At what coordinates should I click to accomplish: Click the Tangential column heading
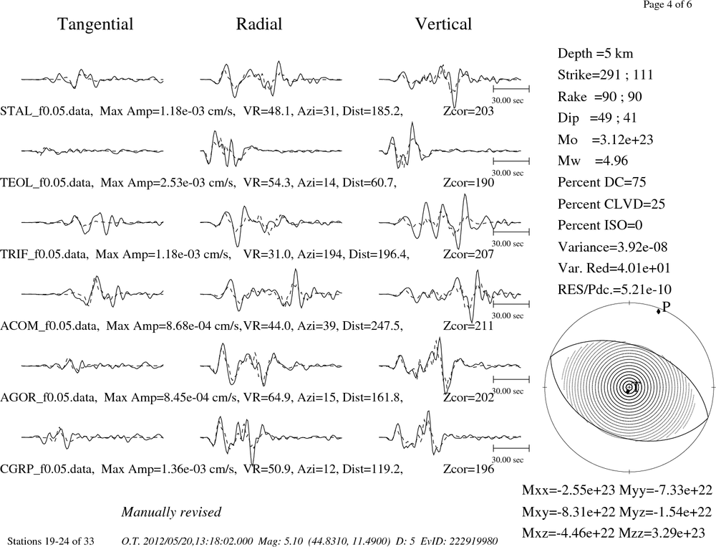[x=95, y=24]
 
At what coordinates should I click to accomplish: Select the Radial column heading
[x=259, y=24]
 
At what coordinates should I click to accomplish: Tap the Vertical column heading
[x=443, y=24]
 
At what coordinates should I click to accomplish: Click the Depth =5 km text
[x=595, y=54]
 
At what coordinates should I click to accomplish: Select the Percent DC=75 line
[x=601, y=182]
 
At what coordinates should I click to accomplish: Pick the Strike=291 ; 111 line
[x=605, y=75]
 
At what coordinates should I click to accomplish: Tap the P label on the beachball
[x=666, y=306]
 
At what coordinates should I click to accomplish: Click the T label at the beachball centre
[x=635, y=387]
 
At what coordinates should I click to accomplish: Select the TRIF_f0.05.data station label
[x=44, y=254]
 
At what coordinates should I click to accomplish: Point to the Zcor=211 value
[x=468, y=325]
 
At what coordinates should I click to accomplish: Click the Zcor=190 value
[x=468, y=183]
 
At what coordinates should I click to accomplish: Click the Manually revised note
[x=171, y=512]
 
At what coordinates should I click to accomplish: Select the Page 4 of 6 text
[x=667, y=4]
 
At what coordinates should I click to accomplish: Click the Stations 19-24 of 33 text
[x=51, y=541]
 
